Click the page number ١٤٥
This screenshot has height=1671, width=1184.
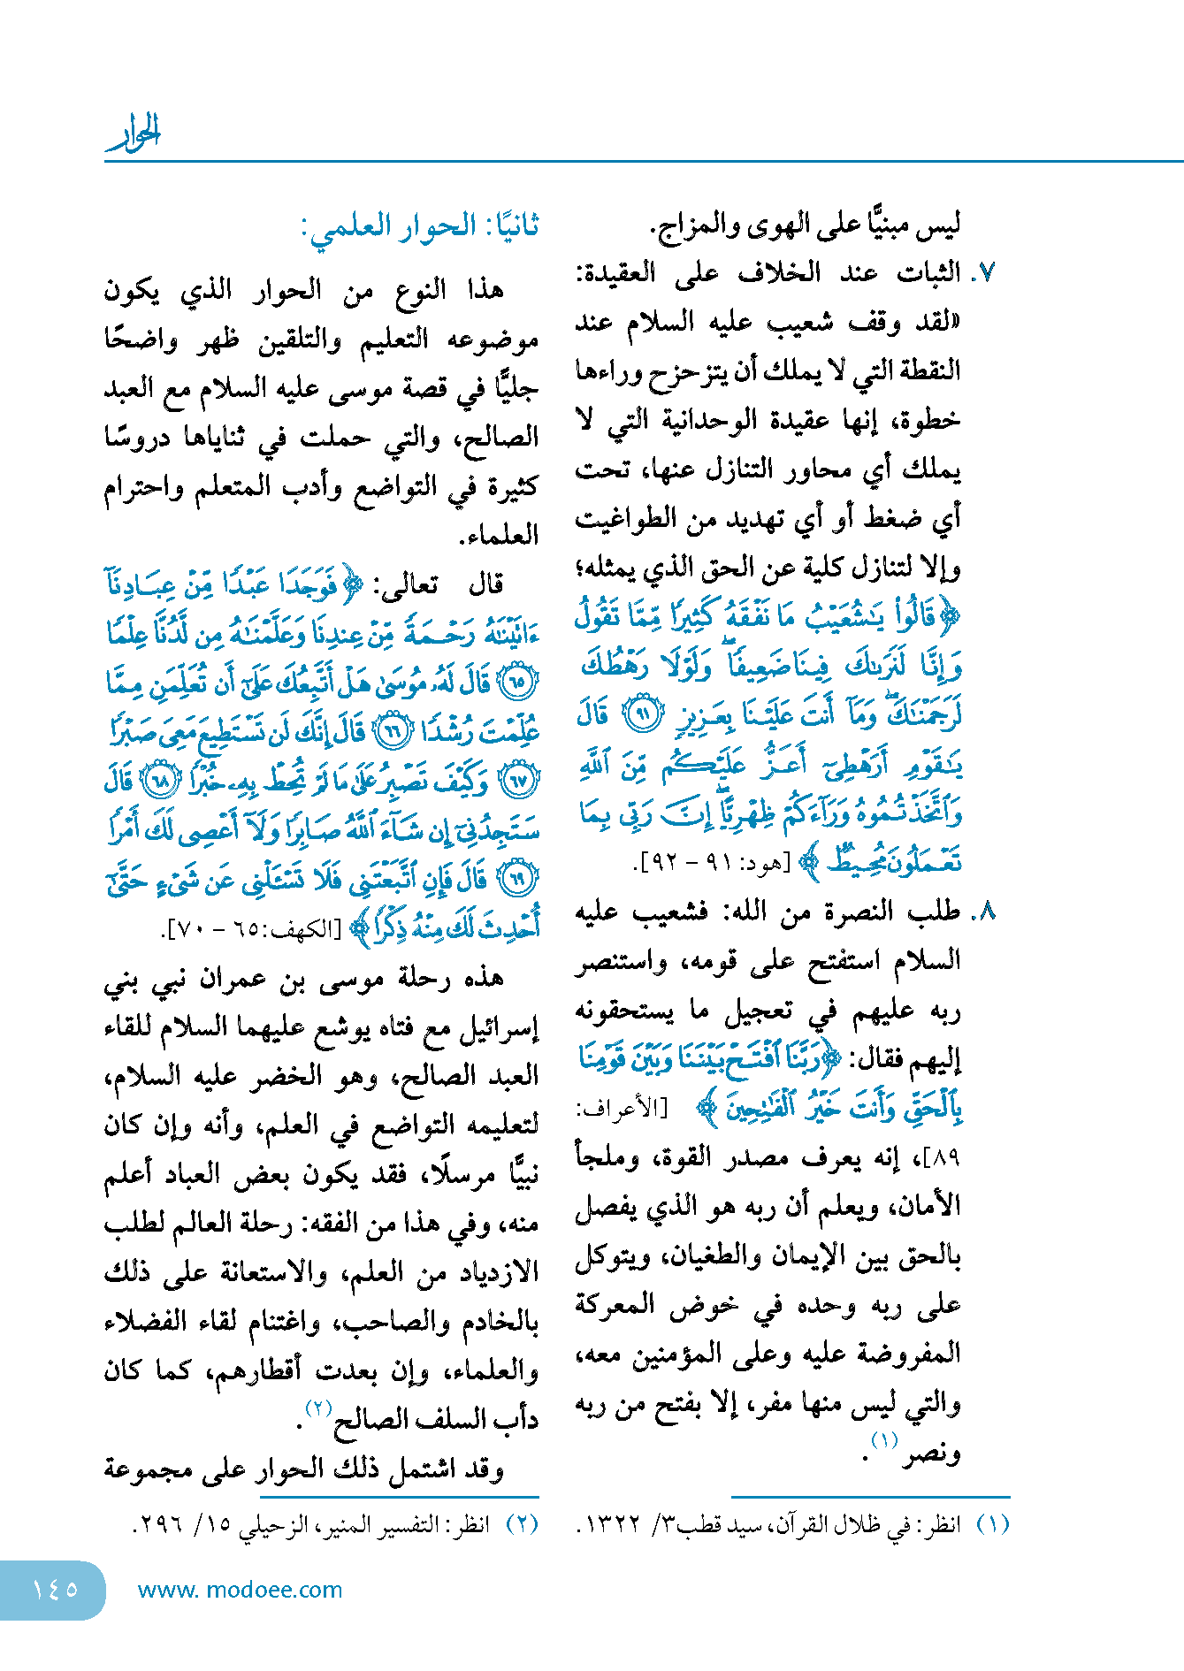pyautogui.click(x=55, y=1590)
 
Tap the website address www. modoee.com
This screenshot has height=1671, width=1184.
pyautogui.click(x=240, y=1590)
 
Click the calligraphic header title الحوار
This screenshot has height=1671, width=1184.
pyautogui.click(x=134, y=133)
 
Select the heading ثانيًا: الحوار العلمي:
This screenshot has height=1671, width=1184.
pyautogui.click(x=419, y=226)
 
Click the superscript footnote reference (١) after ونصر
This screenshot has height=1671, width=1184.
pyautogui.click(x=884, y=1441)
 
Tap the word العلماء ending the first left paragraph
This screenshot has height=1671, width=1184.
pyautogui.click(x=500, y=536)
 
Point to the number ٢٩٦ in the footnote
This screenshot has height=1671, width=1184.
pyautogui.click(x=157, y=1526)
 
